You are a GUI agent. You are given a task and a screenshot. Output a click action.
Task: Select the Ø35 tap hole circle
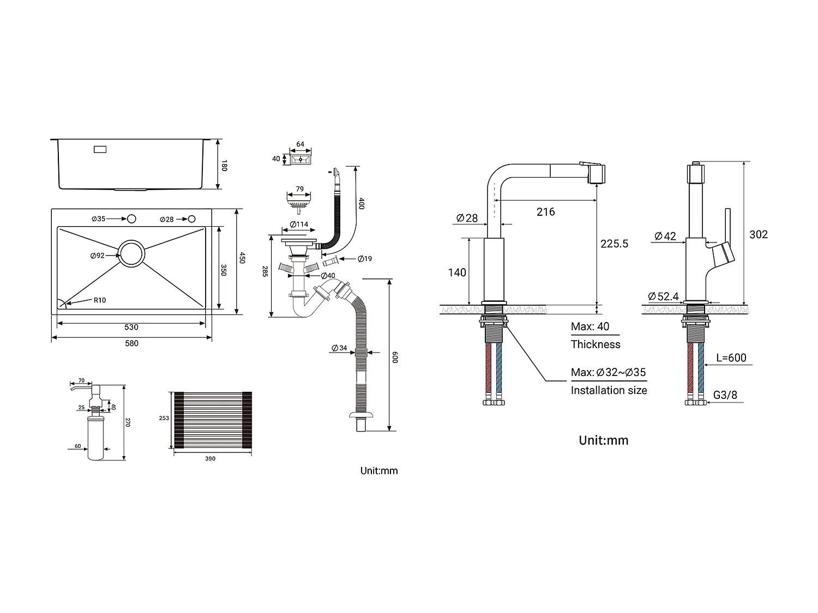[131, 219]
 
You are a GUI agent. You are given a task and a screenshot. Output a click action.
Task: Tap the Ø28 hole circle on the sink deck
[191, 219]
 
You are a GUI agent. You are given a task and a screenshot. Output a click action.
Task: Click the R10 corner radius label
[100, 300]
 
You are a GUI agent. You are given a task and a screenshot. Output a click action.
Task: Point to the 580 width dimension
[132, 343]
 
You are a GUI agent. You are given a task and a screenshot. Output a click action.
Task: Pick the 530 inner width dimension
[131, 327]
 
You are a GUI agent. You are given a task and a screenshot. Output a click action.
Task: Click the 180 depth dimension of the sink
[224, 165]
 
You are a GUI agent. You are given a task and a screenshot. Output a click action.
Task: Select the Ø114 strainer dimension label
[299, 224]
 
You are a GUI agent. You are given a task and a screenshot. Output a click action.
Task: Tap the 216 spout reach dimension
[545, 211]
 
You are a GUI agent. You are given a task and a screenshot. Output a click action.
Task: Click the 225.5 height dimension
[614, 244]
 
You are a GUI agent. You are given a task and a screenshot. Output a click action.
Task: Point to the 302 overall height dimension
[759, 234]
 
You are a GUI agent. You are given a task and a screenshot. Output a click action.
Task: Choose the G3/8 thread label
[725, 395]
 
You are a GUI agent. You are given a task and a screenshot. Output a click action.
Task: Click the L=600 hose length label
[731, 358]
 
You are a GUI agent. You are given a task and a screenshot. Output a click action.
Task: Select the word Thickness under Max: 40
[596, 344]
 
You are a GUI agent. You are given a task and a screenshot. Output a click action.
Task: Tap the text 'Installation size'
[609, 390]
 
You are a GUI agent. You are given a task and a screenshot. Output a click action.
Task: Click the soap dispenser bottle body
[95, 439]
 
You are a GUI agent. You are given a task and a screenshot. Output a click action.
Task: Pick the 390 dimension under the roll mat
[210, 459]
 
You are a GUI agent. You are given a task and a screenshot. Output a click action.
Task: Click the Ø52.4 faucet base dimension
[663, 296]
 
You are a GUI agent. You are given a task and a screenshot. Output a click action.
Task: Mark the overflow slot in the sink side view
[101, 149]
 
